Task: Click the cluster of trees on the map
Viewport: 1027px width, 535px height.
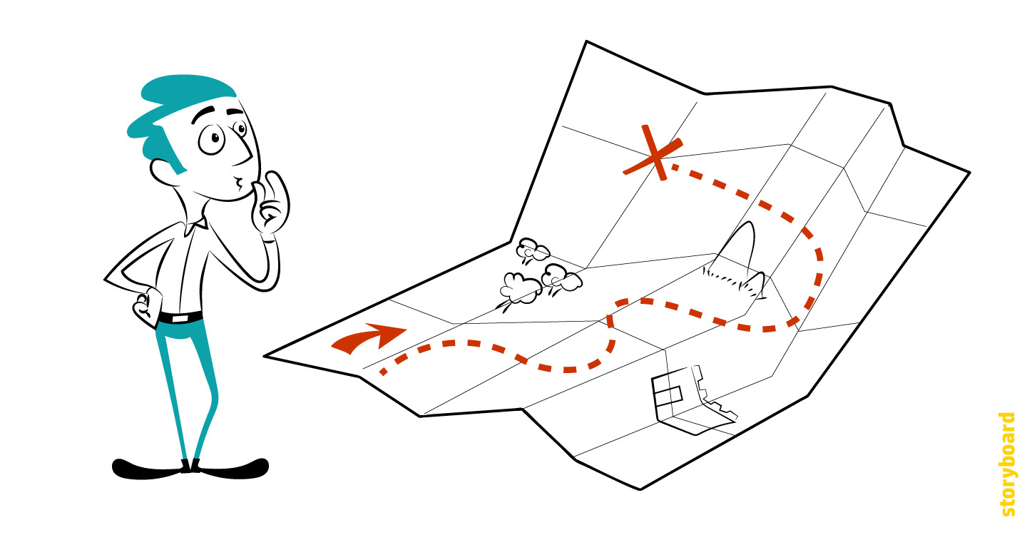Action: tap(538, 275)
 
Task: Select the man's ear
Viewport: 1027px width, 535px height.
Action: tap(161, 171)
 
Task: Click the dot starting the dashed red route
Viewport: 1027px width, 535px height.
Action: tap(384, 372)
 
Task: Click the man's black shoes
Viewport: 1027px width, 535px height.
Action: tap(190, 467)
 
